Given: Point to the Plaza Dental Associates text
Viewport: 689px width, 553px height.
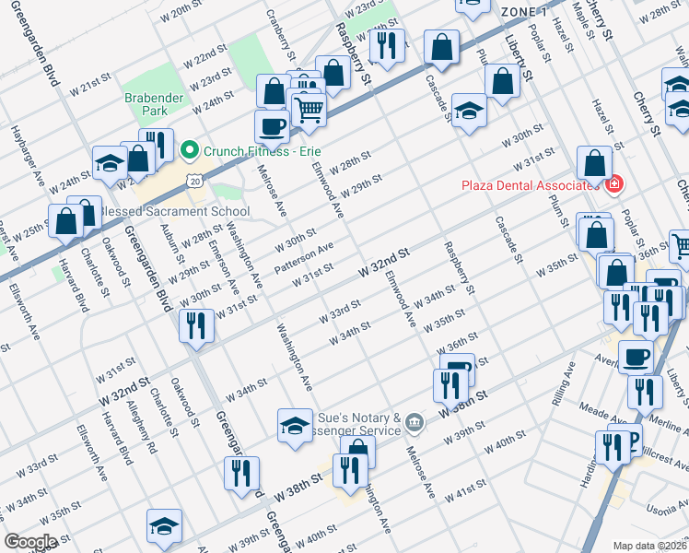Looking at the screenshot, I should pyautogui.click(x=532, y=185).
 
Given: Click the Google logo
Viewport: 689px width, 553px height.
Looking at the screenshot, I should pyautogui.click(x=29, y=542).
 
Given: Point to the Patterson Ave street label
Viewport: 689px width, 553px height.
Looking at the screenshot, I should pyautogui.click(x=304, y=258).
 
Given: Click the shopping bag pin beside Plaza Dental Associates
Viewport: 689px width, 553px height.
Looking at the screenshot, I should pyautogui.click(x=594, y=163).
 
